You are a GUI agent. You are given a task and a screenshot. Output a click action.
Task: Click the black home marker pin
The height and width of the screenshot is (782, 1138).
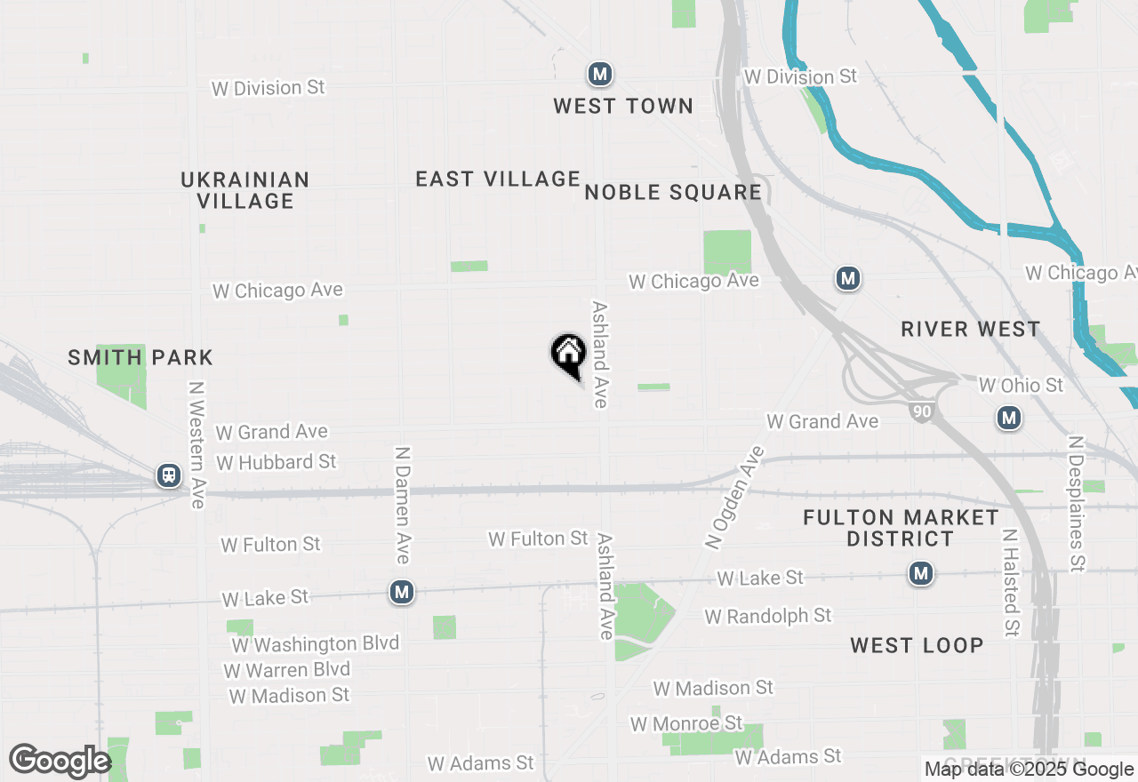click(568, 355)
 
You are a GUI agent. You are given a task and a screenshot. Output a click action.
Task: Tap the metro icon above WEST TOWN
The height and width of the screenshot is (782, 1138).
click(600, 74)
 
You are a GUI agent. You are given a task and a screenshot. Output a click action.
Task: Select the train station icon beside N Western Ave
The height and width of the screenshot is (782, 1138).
click(168, 475)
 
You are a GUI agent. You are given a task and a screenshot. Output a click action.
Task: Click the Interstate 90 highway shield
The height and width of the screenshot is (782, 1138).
click(921, 411)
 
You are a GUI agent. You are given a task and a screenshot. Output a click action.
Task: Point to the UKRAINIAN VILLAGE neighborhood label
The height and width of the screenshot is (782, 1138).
click(245, 190)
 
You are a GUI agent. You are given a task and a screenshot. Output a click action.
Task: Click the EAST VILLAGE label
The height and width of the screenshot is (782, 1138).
click(498, 179)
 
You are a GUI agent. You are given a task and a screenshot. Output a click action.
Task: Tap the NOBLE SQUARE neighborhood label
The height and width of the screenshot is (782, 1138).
click(673, 192)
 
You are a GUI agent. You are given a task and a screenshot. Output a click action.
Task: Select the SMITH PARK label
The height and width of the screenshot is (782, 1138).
click(140, 357)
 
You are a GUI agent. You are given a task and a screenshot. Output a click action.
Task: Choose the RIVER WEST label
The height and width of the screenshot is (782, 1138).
click(970, 329)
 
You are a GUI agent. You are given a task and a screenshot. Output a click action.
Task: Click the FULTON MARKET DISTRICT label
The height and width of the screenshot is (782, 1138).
click(901, 528)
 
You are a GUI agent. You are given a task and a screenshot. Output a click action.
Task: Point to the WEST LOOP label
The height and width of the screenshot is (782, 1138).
click(917, 645)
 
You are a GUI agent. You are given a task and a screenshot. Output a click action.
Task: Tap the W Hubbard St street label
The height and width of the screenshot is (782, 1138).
click(276, 462)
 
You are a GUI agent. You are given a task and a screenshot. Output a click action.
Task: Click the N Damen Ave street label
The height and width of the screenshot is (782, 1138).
click(402, 505)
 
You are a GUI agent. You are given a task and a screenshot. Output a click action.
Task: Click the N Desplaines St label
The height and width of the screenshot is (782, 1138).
click(1077, 503)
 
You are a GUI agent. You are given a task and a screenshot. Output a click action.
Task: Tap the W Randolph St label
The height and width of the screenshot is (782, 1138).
click(768, 616)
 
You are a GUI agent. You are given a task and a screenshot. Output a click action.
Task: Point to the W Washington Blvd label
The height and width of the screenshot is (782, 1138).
click(316, 643)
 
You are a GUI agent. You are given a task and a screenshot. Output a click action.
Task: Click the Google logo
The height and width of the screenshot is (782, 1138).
click(60, 761)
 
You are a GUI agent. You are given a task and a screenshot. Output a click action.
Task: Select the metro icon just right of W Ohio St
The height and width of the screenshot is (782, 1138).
click(1008, 417)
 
